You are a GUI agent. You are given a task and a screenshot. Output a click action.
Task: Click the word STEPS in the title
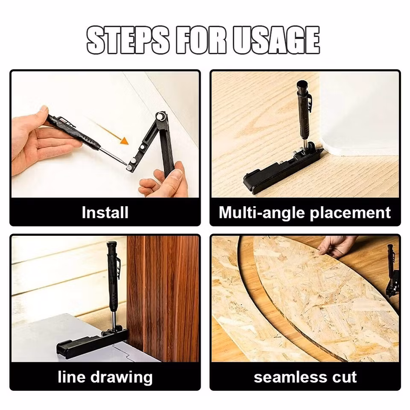(128, 40)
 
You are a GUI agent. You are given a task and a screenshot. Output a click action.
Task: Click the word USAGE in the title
(276, 40)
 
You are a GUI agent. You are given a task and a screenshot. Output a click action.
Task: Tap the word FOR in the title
(201, 40)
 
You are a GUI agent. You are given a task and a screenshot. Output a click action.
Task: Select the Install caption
(105, 212)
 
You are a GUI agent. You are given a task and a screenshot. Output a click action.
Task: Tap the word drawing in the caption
(121, 378)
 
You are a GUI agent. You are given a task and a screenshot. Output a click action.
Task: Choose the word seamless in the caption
(289, 377)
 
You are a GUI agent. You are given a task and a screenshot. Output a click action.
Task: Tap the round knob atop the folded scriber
(161, 116)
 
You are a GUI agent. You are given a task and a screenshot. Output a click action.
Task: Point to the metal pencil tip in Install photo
(113, 155)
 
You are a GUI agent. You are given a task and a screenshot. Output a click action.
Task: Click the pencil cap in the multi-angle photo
(303, 85)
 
